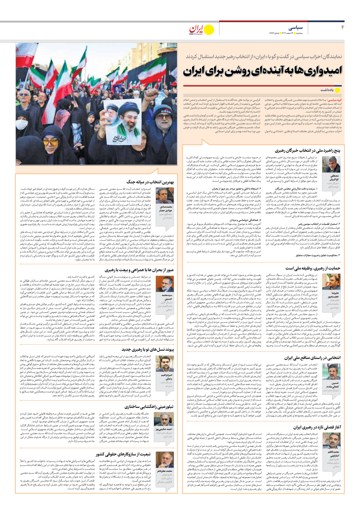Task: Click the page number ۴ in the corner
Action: [x=342, y=27]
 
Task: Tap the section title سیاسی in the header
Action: [x=296, y=28]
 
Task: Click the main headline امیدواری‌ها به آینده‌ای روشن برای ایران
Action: [x=262, y=71]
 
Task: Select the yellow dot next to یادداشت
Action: [x=337, y=90]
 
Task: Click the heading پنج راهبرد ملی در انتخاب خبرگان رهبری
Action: [x=307, y=151]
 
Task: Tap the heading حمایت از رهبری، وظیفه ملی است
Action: [x=313, y=268]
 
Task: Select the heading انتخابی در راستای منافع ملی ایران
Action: [x=312, y=358]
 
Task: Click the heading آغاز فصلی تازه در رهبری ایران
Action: [x=317, y=427]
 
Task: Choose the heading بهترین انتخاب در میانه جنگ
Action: [x=150, y=182]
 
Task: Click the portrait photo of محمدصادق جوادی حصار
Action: [x=165, y=196]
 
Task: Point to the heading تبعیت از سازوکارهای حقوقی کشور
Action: [x=123, y=454]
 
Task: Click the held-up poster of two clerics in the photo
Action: [x=122, y=122]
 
